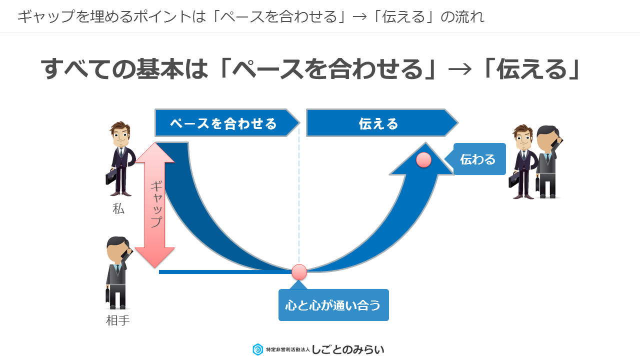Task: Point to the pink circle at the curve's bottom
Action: (x=299, y=271)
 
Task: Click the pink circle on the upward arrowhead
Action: (x=423, y=159)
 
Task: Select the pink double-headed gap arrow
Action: (x=154, y=205)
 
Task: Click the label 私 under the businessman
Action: (x=118, y=208)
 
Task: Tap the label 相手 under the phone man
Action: (x=117, y=320)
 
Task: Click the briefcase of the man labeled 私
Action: (x=111, y=177)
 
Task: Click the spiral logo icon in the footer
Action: (x=257, y=349)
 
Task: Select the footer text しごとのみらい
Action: (x=347, y=349)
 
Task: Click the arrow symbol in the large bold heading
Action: (x=459, y=69)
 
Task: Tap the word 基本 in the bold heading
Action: (x=159, y=69)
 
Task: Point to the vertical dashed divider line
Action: (x=299, y=195)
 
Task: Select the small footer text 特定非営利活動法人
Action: (x=287, y=349)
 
